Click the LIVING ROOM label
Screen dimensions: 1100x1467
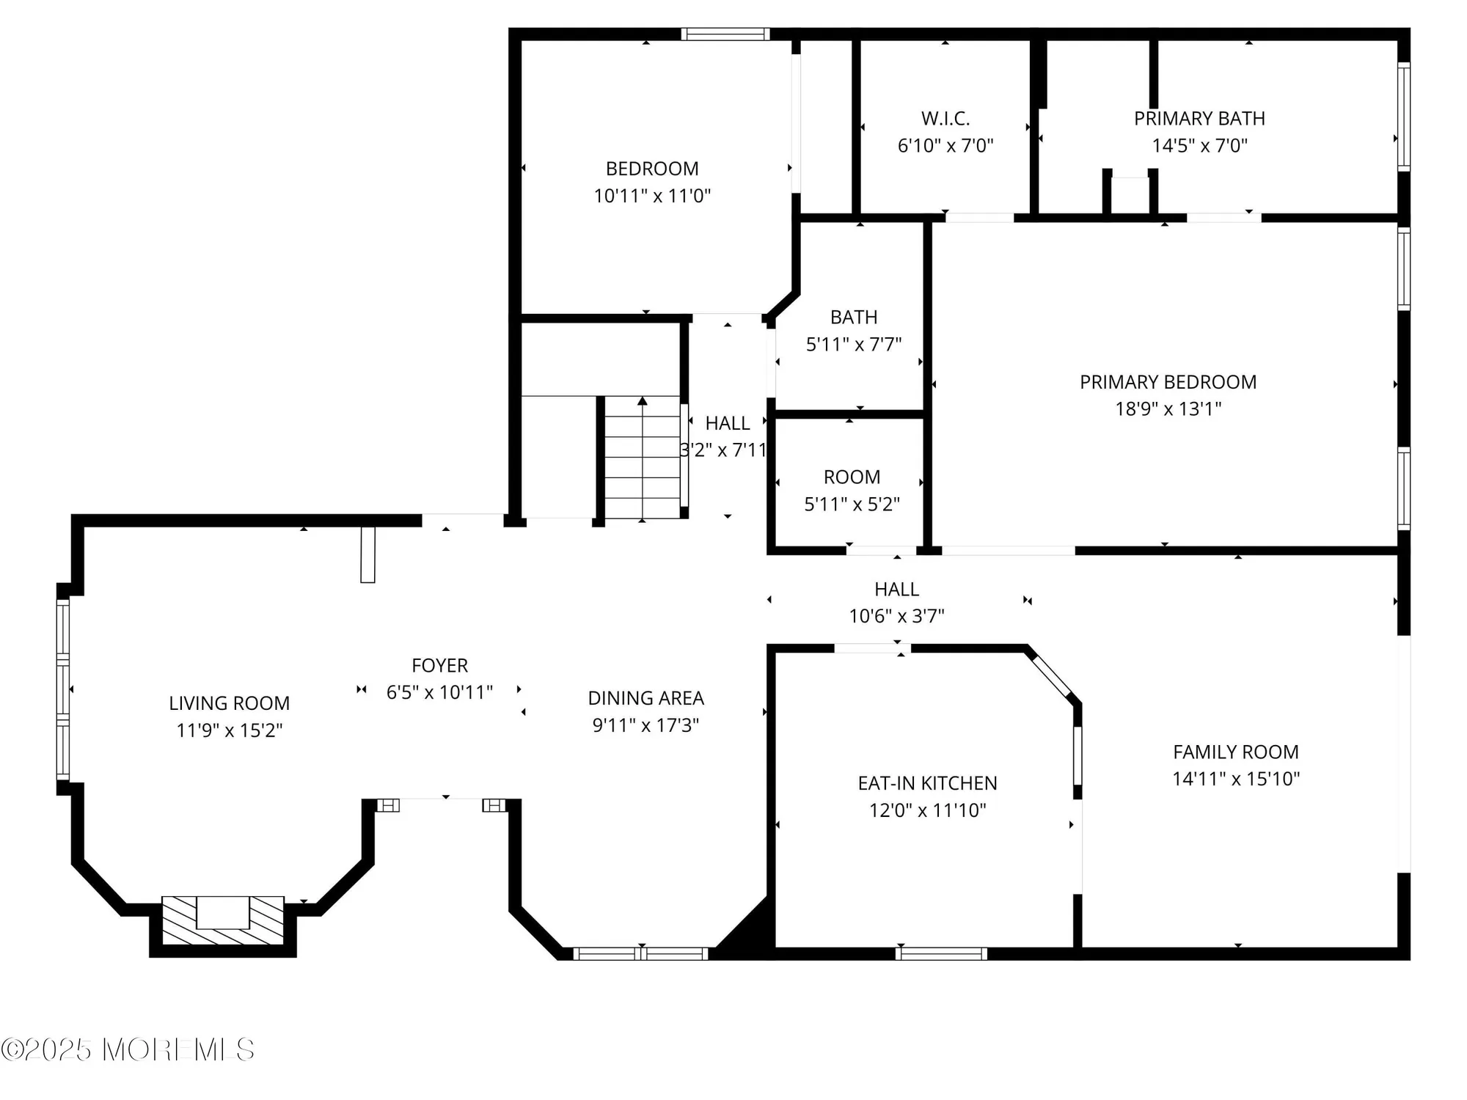click(229, 703)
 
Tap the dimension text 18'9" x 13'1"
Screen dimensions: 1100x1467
click(1168, 409)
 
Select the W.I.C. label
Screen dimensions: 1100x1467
click(945, 118)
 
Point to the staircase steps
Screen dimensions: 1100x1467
click(643, 458)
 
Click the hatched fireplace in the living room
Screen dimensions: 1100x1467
click(222, 921)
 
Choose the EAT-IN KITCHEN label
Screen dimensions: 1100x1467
click(927, 783)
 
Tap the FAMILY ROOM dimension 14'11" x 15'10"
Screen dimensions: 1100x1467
click(1236, 779)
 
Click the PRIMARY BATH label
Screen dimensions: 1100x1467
click(1199, 118)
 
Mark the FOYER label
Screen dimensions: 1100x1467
click(439, 665)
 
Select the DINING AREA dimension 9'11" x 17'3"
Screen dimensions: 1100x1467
click(645, 725)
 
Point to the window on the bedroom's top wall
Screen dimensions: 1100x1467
click(725, 34)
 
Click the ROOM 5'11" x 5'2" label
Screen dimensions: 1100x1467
click(852, 477)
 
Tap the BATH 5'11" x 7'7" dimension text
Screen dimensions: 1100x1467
click(854, 345)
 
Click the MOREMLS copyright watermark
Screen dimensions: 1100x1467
click(128, 1050)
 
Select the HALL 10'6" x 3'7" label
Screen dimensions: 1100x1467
click(896, 589)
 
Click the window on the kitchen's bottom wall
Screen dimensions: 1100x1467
click(941, 953)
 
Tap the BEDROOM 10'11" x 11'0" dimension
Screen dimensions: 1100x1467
click(652, 196)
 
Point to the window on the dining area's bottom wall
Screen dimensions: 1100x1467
click(641, 953)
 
